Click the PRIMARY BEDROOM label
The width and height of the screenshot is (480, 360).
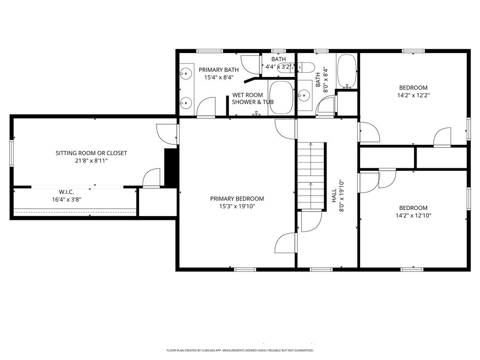[x=237, y=199]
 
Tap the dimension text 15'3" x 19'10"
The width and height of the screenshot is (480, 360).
[x=237, y=206]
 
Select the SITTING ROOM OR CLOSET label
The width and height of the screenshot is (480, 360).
[x=91, y=153]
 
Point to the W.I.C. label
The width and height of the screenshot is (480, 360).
[x=67, y=192]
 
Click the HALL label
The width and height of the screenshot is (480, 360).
[x=334, y=195]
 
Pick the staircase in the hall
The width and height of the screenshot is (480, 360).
[x=311, y=176]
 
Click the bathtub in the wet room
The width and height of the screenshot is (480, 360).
[x=281, y=97]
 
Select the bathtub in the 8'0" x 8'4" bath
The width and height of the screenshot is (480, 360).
[x=347, y=71]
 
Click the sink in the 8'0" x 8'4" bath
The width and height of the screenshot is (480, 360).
[x=304, y=96]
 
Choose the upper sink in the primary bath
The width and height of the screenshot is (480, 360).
[x=186, y=74]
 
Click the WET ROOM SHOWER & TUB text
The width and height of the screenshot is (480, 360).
[x=253, y=98]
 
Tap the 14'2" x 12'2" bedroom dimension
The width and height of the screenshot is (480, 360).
[x=413, y=95]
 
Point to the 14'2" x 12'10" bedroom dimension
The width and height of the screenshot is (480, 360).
[x=413, y=216]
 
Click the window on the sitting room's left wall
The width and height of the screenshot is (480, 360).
[x=12, y=153]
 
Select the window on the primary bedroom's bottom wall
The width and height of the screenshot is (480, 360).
[x=245, y=270]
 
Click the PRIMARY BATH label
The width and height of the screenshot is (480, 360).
[x=218, y=70]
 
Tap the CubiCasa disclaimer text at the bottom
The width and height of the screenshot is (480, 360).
[x=240, y=350]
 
